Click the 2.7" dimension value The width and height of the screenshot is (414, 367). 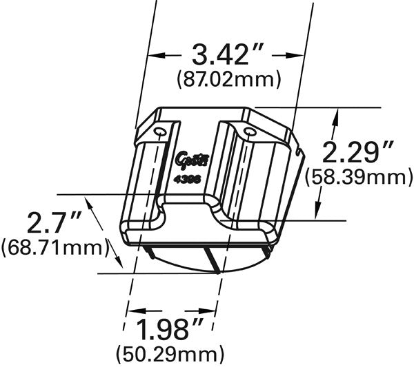55,221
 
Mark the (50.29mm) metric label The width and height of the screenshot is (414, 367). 171,355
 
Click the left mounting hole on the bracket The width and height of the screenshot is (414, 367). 159,132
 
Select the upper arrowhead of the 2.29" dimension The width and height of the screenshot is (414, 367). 336,118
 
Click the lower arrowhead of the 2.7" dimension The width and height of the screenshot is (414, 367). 118,264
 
